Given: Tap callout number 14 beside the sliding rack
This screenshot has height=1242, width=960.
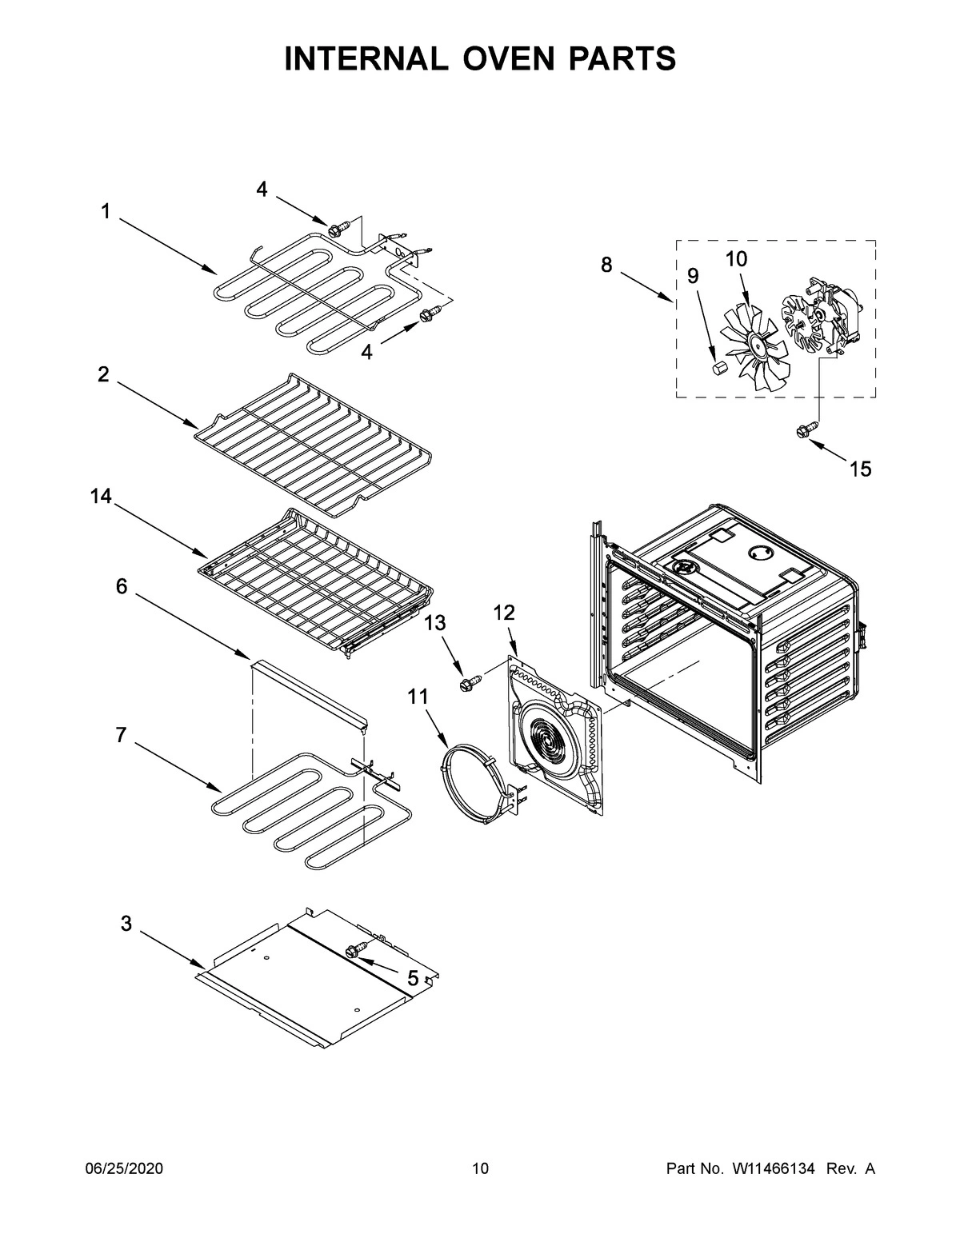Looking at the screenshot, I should [x=101, y=497].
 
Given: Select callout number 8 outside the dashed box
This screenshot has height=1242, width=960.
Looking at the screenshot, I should [x=606, y=265].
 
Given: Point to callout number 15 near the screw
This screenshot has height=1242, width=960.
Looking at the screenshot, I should [x=860, y=469].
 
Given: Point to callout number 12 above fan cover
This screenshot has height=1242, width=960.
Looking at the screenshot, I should [x=504, y=613].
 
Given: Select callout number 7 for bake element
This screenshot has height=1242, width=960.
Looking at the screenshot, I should [x=121, y=735].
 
